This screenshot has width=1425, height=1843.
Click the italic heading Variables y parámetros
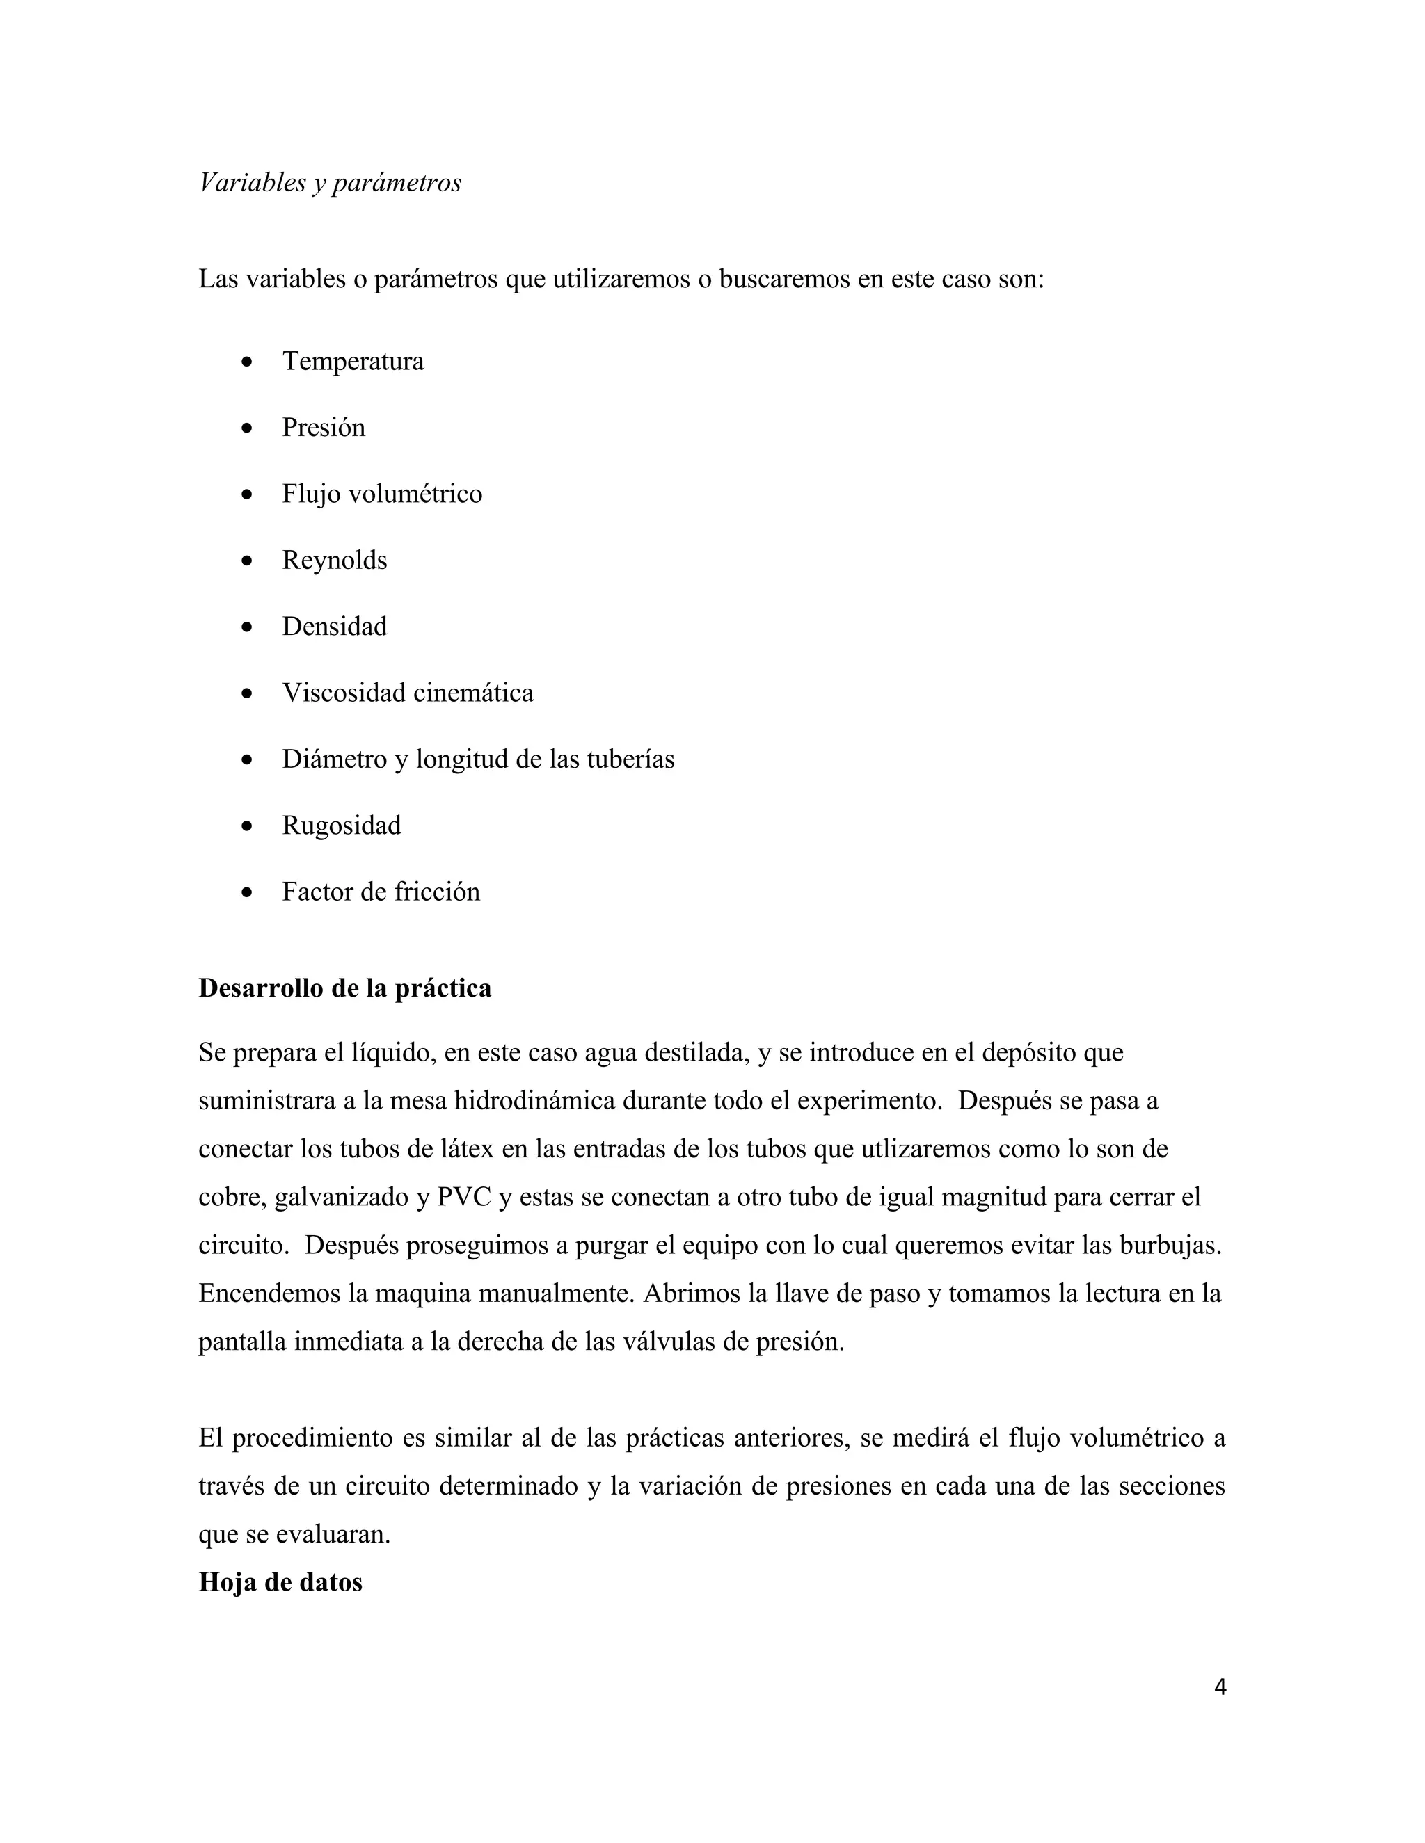click(330, 182)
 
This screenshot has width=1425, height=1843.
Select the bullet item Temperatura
click(353, 361)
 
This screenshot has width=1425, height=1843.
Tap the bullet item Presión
click(324, 428)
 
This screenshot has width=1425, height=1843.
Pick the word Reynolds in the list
click(334, 561)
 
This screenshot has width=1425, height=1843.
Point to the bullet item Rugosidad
click(341, 826)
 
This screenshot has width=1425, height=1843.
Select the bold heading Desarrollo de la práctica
click(344, 988)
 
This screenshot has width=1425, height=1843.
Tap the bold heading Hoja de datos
click(280, 1582)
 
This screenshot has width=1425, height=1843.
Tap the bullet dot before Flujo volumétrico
click(246, 494)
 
